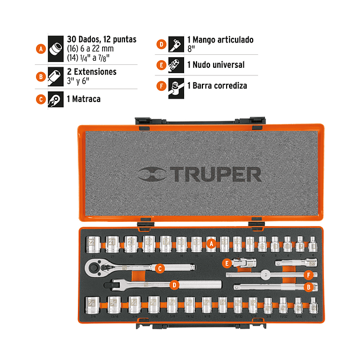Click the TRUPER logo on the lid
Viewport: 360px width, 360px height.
coord(199,174)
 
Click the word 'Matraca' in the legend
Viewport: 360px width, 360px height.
coord(86,99)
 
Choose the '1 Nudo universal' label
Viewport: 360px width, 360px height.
coord(215,65)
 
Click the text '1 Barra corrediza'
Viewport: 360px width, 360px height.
coord(217,86)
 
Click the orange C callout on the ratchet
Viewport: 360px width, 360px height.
coord(159,268)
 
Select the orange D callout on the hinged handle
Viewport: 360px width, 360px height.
coord(174,285)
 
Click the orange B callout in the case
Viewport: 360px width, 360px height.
coord(307,287)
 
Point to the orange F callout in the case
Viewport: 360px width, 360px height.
coord(307,274)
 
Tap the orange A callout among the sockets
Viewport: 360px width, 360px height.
coord(211,242)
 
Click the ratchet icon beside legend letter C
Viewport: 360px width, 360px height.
coord(58,99)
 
